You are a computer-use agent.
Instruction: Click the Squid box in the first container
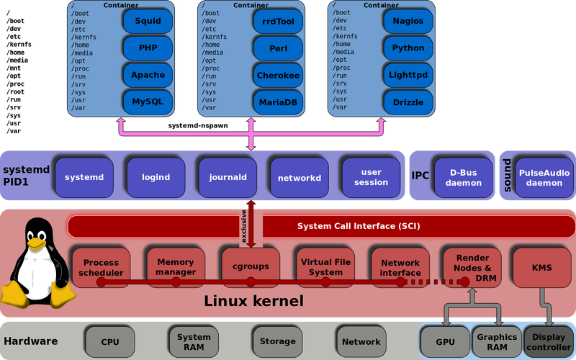click(148, 22)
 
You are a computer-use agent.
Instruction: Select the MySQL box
click(148, 102)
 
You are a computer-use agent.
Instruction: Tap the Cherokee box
click(278, 75)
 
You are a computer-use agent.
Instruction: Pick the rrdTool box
click(278, 22)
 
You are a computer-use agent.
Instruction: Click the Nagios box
click(408, 22)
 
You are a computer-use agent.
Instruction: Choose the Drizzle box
click(408, 102)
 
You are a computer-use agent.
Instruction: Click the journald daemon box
click(228, 177)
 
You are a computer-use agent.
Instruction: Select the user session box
click(371, 177)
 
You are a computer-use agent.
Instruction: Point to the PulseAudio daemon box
click(544, 177)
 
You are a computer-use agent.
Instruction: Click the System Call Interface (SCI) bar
click(358, 226)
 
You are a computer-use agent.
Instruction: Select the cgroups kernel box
click(250, 266)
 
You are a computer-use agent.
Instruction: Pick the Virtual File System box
click(325, 266)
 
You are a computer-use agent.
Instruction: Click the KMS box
click(541, 267)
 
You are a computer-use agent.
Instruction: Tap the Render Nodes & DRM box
click(472, 266)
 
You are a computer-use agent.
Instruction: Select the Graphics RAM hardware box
click(496, 341)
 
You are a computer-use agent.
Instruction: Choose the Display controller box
click(549, 341)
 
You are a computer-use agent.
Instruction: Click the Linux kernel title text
click(254, 301)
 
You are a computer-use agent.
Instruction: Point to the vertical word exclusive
click(243, 226)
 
